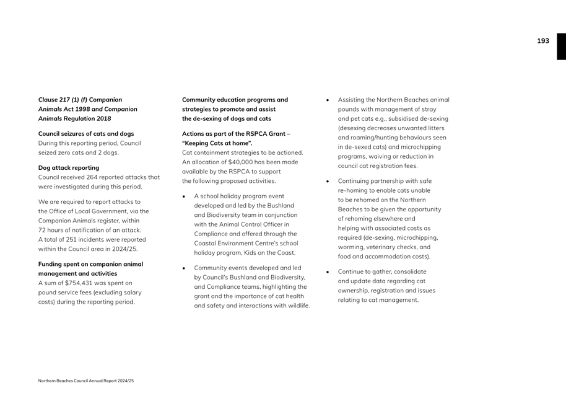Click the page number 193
point(542,41)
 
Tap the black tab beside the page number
point(561,46)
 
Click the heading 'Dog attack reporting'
point(68,167)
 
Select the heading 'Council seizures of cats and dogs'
point(86,133)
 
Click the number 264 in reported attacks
point(93,177)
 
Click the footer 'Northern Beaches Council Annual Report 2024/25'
point(86,381)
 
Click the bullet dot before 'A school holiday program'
point(184,196)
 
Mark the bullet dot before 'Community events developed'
point(184,268)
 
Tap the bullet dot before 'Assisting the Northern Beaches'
point(328,100)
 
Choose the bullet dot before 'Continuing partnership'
point(328,182)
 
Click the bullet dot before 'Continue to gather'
point(328,272)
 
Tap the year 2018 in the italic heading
point(103,118)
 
